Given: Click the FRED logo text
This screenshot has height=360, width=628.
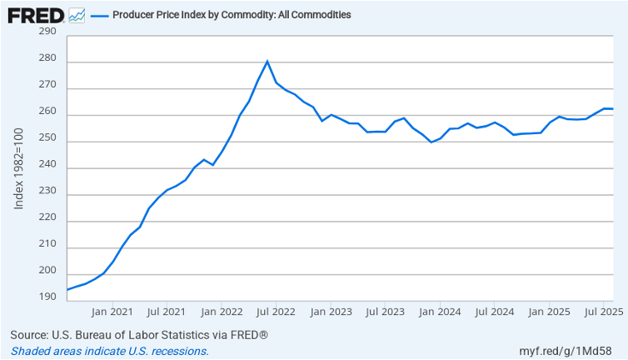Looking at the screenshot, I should click(x=36, y=15).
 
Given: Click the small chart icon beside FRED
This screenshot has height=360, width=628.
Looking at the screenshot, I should click(x=77, y=15).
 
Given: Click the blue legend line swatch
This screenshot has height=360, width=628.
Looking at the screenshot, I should click(x=99, y=15).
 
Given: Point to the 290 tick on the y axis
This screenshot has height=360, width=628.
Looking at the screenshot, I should click(x=47, y=32).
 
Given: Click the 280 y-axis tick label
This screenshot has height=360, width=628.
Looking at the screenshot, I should click(x=47, y=59).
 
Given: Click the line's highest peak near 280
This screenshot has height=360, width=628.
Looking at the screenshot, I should click(x=267, y=61).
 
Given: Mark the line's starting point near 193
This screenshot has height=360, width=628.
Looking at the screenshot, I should click(x=67, y=290).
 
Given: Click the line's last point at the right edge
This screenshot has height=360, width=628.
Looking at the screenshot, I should click(x=613, y=109).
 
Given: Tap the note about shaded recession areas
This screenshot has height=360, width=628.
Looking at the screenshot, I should click(x=109, y=351).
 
